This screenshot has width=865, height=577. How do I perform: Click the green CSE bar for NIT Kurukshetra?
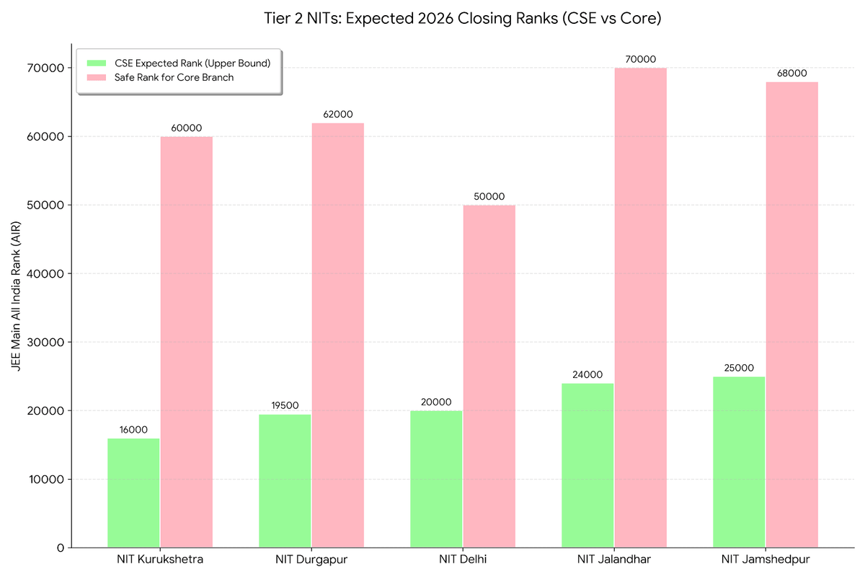[133, 493]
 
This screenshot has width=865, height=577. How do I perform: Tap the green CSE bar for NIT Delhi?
[436, 479]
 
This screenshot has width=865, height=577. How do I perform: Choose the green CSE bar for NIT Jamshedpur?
[739, 462]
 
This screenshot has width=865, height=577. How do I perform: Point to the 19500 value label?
[285, 405]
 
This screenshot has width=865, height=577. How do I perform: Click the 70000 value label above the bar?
[640, 59]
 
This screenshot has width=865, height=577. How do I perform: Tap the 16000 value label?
[133, 429]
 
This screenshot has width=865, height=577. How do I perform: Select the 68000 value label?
[791, 73]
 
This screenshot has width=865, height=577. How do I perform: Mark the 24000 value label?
[587, 374]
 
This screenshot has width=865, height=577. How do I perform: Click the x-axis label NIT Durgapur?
[311, 560]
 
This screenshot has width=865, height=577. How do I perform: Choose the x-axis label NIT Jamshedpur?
[765, 560]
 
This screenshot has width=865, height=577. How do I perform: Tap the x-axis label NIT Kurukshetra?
[159, 560]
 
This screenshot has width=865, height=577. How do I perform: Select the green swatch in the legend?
[96, 63]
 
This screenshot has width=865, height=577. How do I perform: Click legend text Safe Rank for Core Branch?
[174, 77]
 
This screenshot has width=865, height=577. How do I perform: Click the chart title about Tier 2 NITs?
[462, 19]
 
